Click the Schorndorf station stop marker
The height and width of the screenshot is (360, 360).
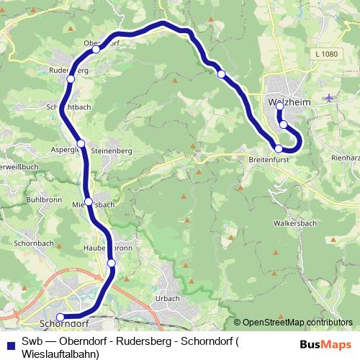click(x=60, y=317)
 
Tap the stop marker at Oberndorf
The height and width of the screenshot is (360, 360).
click(x=96, y=50)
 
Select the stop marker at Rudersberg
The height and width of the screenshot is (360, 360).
click(x=71, y=79)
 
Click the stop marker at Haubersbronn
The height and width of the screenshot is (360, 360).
click(x=112, y=264)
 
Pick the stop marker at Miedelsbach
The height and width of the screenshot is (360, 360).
click(x=88, y=202)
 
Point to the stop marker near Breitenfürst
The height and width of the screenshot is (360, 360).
click(x=279, y=148)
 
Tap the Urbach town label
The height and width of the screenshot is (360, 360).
click(x=168, y=298)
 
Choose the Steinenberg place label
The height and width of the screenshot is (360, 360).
click(x=111, y=151)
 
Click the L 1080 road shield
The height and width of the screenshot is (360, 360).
click(x=326, y=54)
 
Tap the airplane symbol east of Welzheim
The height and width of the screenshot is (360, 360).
click(x=329, y=97)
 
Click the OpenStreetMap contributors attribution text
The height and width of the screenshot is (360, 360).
click(x=297, y=323)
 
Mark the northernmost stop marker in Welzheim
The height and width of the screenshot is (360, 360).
click(x=280, y=107)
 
